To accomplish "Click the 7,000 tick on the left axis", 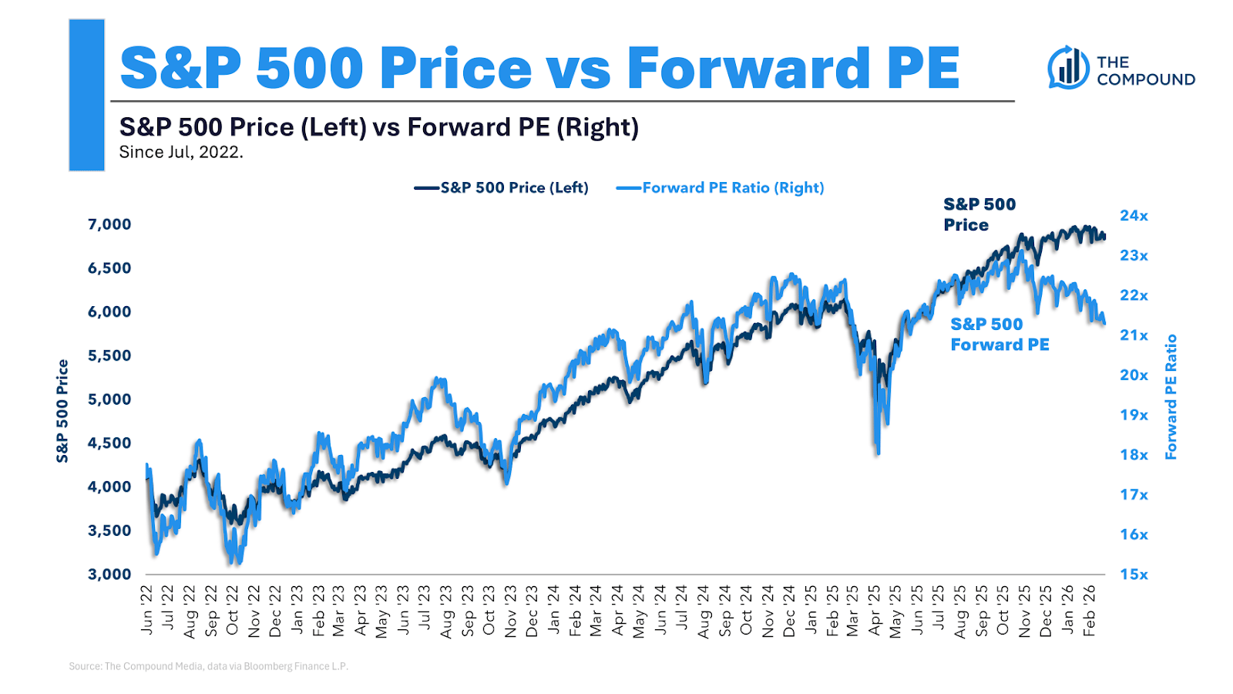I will (109, 224).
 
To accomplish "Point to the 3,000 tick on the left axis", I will (109, 574).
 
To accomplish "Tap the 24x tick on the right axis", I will (1134, 216).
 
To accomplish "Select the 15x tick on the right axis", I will (1134, 574).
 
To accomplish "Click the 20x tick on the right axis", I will (1134, 376).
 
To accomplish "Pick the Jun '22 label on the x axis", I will (147, 610).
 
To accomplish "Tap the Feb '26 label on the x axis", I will (1089, 610).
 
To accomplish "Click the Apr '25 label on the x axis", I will (875, 610).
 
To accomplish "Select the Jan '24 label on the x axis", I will (553, 610).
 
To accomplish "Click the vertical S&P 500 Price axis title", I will (62, 411).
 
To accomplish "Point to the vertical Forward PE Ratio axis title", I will (1171, 397).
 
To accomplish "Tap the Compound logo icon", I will (1067, 68).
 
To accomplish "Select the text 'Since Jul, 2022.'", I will (181, 153).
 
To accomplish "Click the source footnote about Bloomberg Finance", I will (208, 666).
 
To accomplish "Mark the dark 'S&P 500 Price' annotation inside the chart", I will (979, 214).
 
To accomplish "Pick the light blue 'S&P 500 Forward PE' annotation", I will (1000, 335).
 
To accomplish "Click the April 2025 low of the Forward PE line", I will (878, 453).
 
